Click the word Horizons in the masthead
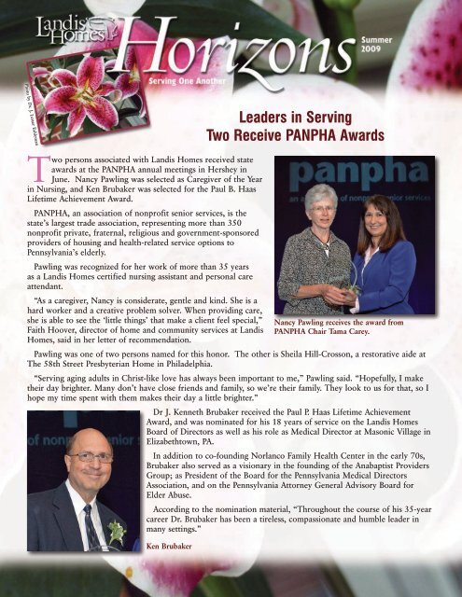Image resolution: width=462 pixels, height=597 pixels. tap(244, 49)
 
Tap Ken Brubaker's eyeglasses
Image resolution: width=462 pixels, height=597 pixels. tap(88, 458)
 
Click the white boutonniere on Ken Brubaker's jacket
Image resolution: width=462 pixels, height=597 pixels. tap(116, 529)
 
